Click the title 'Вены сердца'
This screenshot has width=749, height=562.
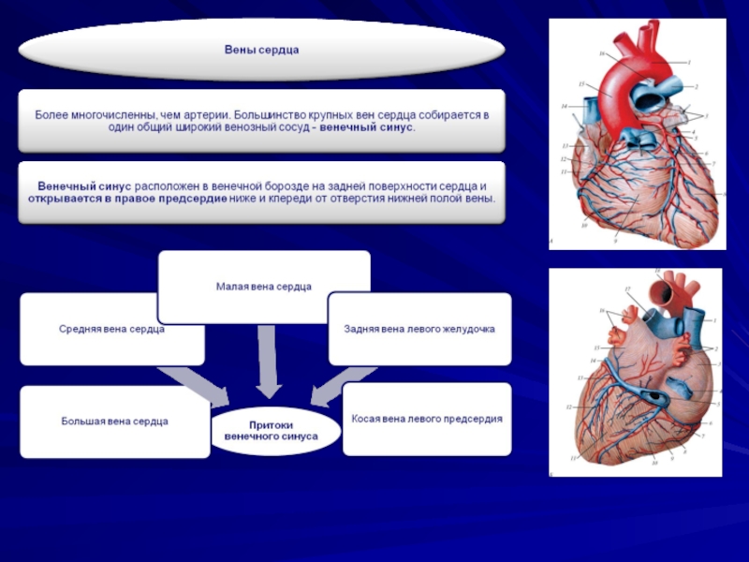261,49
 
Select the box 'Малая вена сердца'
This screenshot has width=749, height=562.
263,286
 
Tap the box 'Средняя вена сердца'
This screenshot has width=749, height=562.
112,329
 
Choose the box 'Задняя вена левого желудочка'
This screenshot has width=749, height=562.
419,329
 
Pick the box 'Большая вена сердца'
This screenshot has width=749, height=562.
114,421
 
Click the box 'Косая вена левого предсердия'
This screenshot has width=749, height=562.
427,419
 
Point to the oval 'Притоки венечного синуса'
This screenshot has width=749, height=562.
278,430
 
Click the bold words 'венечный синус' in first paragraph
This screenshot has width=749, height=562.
366,126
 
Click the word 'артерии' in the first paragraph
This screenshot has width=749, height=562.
202,112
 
